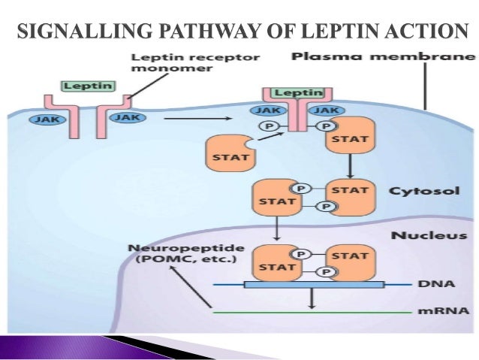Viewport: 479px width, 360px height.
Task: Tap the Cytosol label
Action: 415,191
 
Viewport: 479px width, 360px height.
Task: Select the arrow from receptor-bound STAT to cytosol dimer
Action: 349,165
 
